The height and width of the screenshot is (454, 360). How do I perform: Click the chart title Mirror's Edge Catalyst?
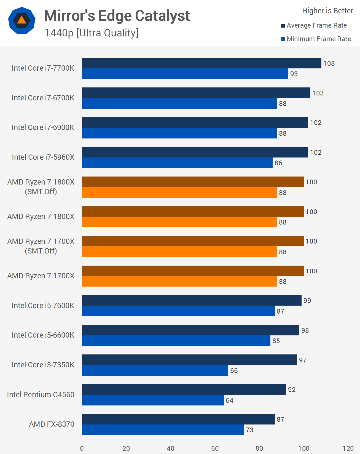click(x=117, y=16)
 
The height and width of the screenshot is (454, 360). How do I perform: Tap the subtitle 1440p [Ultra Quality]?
click(x=92, y=33)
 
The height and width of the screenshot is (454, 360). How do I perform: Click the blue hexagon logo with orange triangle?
click(x=22, y=20)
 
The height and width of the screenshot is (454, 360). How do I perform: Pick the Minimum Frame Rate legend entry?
click(x=316, y=39)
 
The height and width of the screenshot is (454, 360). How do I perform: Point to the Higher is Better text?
click(x=327, y=11)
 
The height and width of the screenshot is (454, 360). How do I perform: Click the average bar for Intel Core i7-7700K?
click(x=202, y=63)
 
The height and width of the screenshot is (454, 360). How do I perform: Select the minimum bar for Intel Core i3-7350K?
click(x=155, y=370)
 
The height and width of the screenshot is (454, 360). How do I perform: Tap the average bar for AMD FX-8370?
click(x=178, y=419)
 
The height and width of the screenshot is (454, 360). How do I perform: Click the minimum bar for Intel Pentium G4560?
click(x=153, y=400)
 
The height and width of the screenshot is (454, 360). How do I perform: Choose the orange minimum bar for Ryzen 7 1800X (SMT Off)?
click(x=179, y=193)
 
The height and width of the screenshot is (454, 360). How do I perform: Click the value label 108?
click(x=329, y=63)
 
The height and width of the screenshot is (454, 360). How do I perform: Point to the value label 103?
click(x=318, y=93)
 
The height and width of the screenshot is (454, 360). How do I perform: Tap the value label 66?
click(x=234, y=371)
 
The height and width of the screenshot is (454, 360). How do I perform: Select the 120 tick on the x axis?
click(x=348, y=448)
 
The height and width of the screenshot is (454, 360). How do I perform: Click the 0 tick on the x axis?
click(x=82, y=448)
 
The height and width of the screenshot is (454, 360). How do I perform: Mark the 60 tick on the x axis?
click(x=215, y=448)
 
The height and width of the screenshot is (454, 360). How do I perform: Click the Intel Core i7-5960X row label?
click(x=43, y=157)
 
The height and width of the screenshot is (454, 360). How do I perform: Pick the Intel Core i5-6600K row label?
click(x=43, y=335)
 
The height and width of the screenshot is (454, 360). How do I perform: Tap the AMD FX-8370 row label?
click(x=52, y=424)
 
